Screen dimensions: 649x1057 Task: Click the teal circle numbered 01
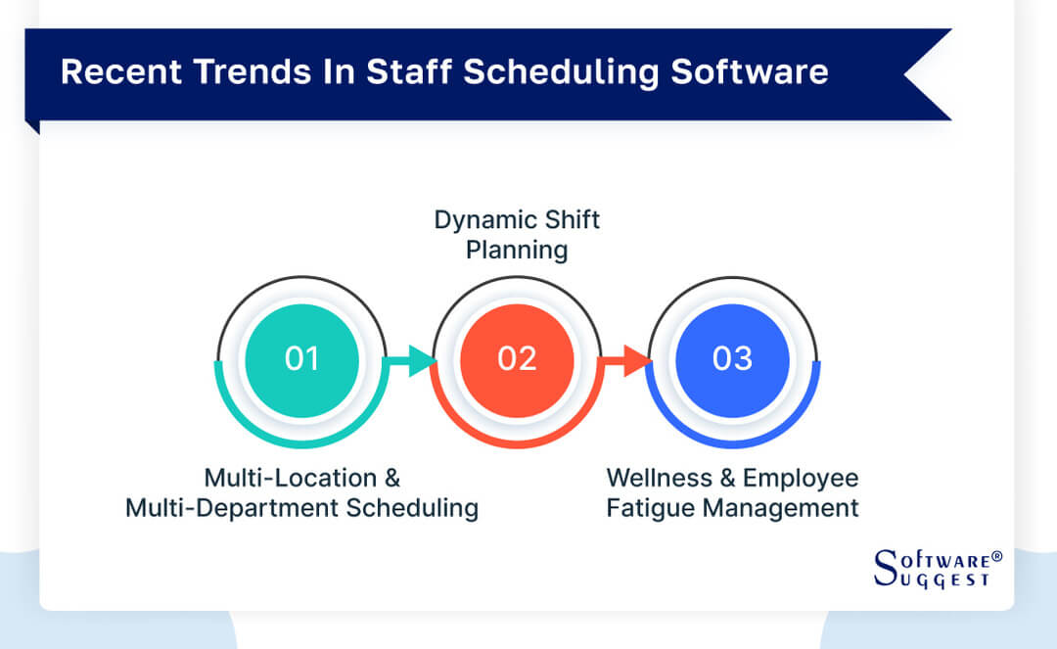[x=302, y=358]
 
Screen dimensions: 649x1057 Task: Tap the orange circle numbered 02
[x=517, y=358]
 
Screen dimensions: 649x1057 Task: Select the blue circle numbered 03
[x=732, y=358]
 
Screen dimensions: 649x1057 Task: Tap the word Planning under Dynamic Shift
[x=517, y=251]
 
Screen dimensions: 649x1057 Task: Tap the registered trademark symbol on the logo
[x=997, y=556]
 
